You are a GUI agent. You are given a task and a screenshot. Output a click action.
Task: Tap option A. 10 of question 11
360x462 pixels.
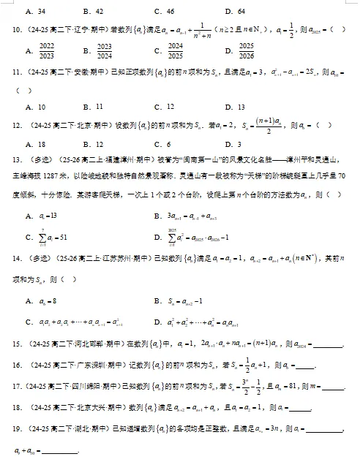tap(34, 106)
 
